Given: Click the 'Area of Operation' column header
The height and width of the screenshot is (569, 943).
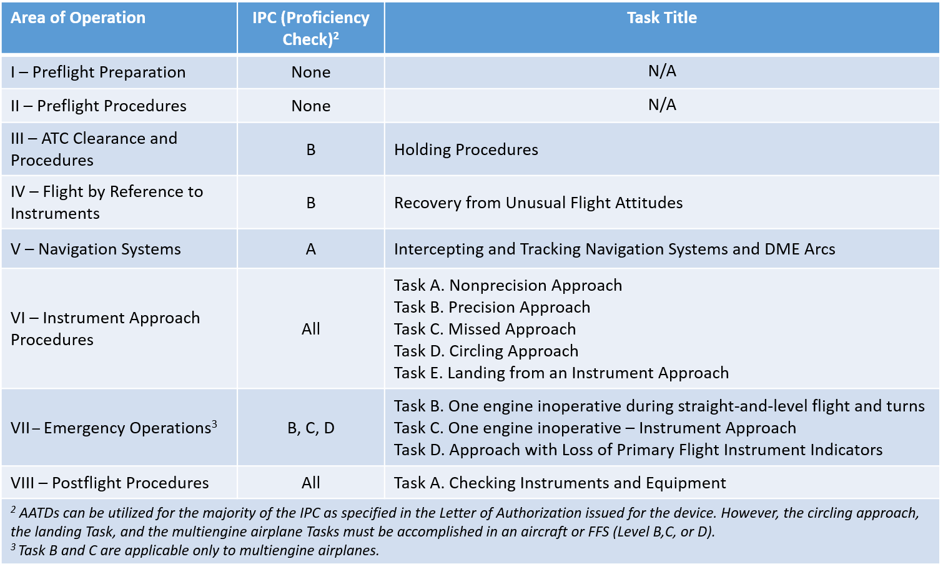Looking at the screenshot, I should [x=78, y=18].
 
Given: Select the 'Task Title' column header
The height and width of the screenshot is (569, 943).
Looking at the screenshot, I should [x=662, y=18].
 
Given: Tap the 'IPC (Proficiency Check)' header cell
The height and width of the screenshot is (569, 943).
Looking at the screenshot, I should [x=310, y=28].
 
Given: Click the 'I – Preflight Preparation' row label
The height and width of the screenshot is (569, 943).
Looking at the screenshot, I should [x=98, y=73].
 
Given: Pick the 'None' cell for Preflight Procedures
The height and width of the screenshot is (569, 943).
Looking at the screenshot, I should [x=310, y=106].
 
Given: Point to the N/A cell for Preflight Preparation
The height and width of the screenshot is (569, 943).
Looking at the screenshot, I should [x=662, y=71].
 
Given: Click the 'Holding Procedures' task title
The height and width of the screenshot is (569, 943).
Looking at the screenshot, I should [x=466, y=150].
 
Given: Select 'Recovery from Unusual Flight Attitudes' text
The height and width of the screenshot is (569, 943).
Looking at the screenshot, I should [x=538, y=203].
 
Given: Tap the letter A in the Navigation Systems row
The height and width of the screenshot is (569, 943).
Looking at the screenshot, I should [x=310, y=249].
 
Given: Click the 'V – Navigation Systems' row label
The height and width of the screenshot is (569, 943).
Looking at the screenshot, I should [x=96, y=249].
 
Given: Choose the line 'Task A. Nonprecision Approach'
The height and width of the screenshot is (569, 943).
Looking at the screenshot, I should [x=508, y=286].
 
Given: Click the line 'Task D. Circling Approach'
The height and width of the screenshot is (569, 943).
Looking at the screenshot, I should [x=486, y=351].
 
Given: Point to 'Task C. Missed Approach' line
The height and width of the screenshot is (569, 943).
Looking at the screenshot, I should [x=485, y=330].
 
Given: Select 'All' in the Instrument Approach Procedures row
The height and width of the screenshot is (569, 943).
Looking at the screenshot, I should [x=310, y=330].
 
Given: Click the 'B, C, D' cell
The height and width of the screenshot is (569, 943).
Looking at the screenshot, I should [x=310, y=428].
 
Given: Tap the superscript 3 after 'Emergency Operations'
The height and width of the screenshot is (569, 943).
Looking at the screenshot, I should [x=214, y=424].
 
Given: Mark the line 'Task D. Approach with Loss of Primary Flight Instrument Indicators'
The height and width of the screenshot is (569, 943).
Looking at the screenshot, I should [x=638, y=450].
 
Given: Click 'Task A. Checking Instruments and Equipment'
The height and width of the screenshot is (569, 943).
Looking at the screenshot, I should [x=560, y=483].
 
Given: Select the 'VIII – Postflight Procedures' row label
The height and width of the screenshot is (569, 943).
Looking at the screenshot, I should [x=109, y=483].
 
